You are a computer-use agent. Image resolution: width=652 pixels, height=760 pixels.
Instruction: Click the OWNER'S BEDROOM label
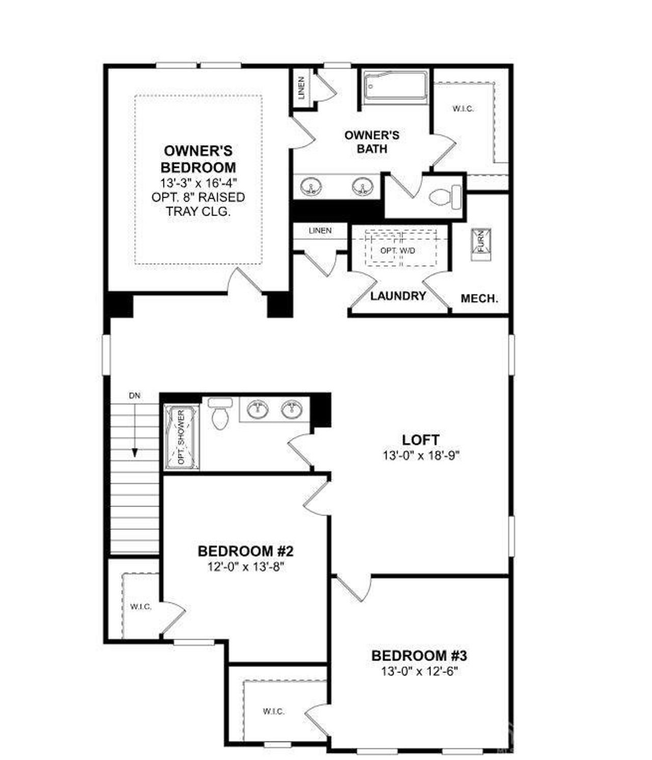pos(198,159)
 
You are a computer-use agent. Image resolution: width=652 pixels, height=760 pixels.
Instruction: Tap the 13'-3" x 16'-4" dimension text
pos(198,182)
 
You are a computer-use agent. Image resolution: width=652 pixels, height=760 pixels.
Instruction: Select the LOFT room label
pos(421,440)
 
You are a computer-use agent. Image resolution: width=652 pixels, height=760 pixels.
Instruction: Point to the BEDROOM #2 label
pos(246,551)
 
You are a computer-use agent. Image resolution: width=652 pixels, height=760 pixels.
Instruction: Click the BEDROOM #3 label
pos(419,656)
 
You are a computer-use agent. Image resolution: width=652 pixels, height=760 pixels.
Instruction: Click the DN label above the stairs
pos(134,396)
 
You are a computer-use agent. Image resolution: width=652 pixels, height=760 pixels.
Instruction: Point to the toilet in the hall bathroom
pos(220,413)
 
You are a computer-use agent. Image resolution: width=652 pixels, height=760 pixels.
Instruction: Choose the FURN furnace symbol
pos(481,243)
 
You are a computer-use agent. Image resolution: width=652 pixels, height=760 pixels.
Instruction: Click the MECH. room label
pos(479,299)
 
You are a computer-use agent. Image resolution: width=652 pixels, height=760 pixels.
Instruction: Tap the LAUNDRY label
pos(398,296)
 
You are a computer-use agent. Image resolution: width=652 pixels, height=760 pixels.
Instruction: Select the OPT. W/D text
pos(398,250)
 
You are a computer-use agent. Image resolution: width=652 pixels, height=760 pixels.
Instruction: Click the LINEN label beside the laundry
pos(320,231)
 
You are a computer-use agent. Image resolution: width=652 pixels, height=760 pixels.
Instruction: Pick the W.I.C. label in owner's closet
pos(464,108)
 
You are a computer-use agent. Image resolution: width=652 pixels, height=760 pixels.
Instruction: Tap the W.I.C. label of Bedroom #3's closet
pos(274,712)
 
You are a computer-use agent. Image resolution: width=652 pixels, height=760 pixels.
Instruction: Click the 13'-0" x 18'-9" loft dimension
pos(421,456)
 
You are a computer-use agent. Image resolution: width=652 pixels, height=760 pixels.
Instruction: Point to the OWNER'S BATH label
pos(372,142)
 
